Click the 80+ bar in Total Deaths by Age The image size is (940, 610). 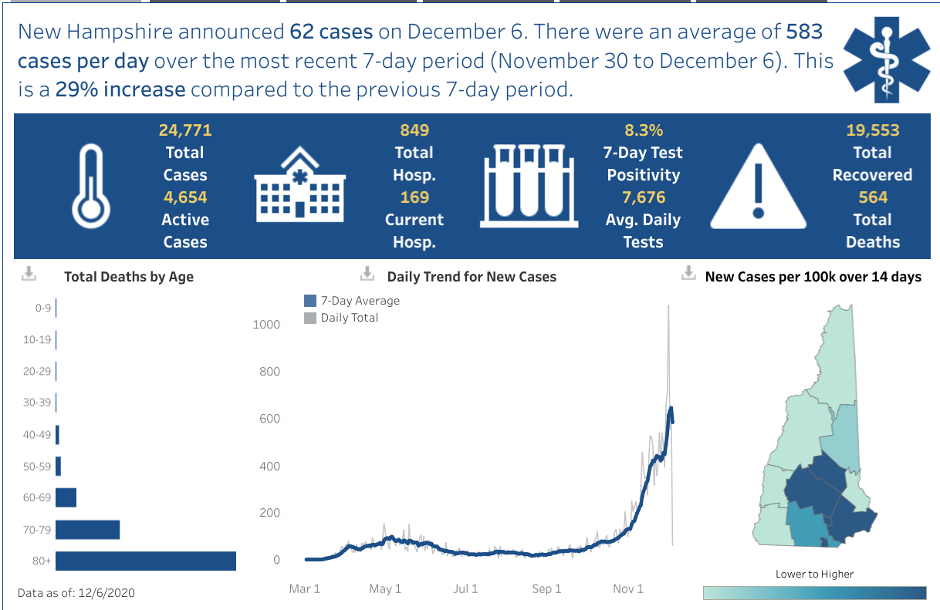point(145,561)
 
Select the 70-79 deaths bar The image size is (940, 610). point(87,530)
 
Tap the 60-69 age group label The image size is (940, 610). point(37,497)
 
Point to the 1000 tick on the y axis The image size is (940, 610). point(266,325)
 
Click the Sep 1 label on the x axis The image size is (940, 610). point(546,589)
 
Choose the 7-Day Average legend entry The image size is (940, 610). point(353,301)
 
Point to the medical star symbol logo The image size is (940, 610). point(881,61)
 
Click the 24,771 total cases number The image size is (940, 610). point(185,130)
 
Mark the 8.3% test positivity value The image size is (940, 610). point(643,130)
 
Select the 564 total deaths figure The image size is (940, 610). point(873,197)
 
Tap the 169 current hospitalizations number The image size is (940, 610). point(414,197)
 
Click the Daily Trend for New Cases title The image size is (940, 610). point(472,277)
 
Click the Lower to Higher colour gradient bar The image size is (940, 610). point(814,593)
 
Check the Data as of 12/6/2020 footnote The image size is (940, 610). point(76,593)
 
